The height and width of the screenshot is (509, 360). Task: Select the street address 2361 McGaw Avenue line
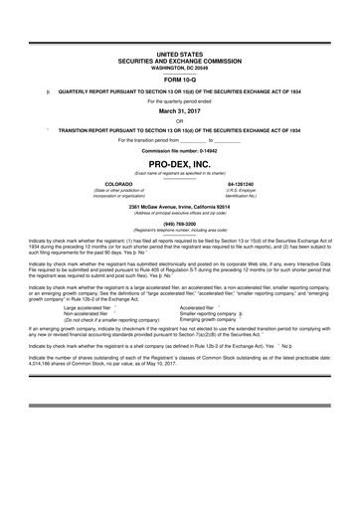pos(180,207)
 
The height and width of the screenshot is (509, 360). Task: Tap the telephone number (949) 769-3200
pos(180,224)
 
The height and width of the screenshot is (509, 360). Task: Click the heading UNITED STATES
pos(180,48)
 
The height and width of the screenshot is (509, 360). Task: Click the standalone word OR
pos(180,121)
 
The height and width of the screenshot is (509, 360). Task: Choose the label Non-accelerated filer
pos(84,286)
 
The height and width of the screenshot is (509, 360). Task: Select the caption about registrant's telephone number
pos(180,230)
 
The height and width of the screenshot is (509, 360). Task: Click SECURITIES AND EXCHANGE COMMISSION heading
pos(180,55)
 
